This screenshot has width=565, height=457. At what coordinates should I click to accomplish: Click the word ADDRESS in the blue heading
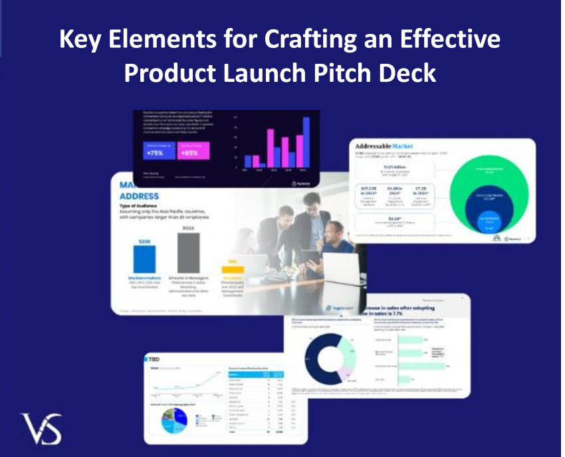coord(139,196)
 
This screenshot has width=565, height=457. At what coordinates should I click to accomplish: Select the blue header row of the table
coord(257,375)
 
